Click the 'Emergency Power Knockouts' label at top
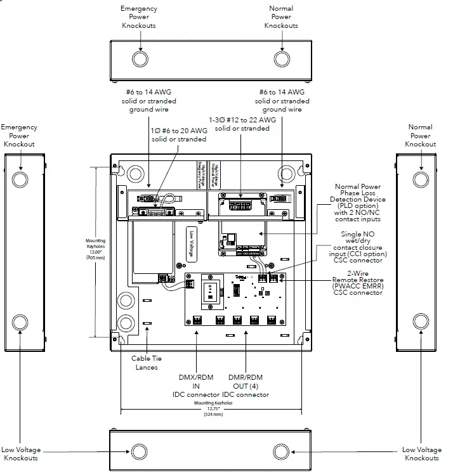coord(139,17)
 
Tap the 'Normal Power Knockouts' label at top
coord(281,17)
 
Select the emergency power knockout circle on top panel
coord(140,60)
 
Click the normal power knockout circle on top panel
coord(281,60)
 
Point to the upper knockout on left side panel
coord(20,179)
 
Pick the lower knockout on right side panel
coord(420,320)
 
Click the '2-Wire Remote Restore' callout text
coord(358,283)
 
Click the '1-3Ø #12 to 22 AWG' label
coord(242,124)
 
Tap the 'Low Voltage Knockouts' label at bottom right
coord(421,454)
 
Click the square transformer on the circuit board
coord(210,293)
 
